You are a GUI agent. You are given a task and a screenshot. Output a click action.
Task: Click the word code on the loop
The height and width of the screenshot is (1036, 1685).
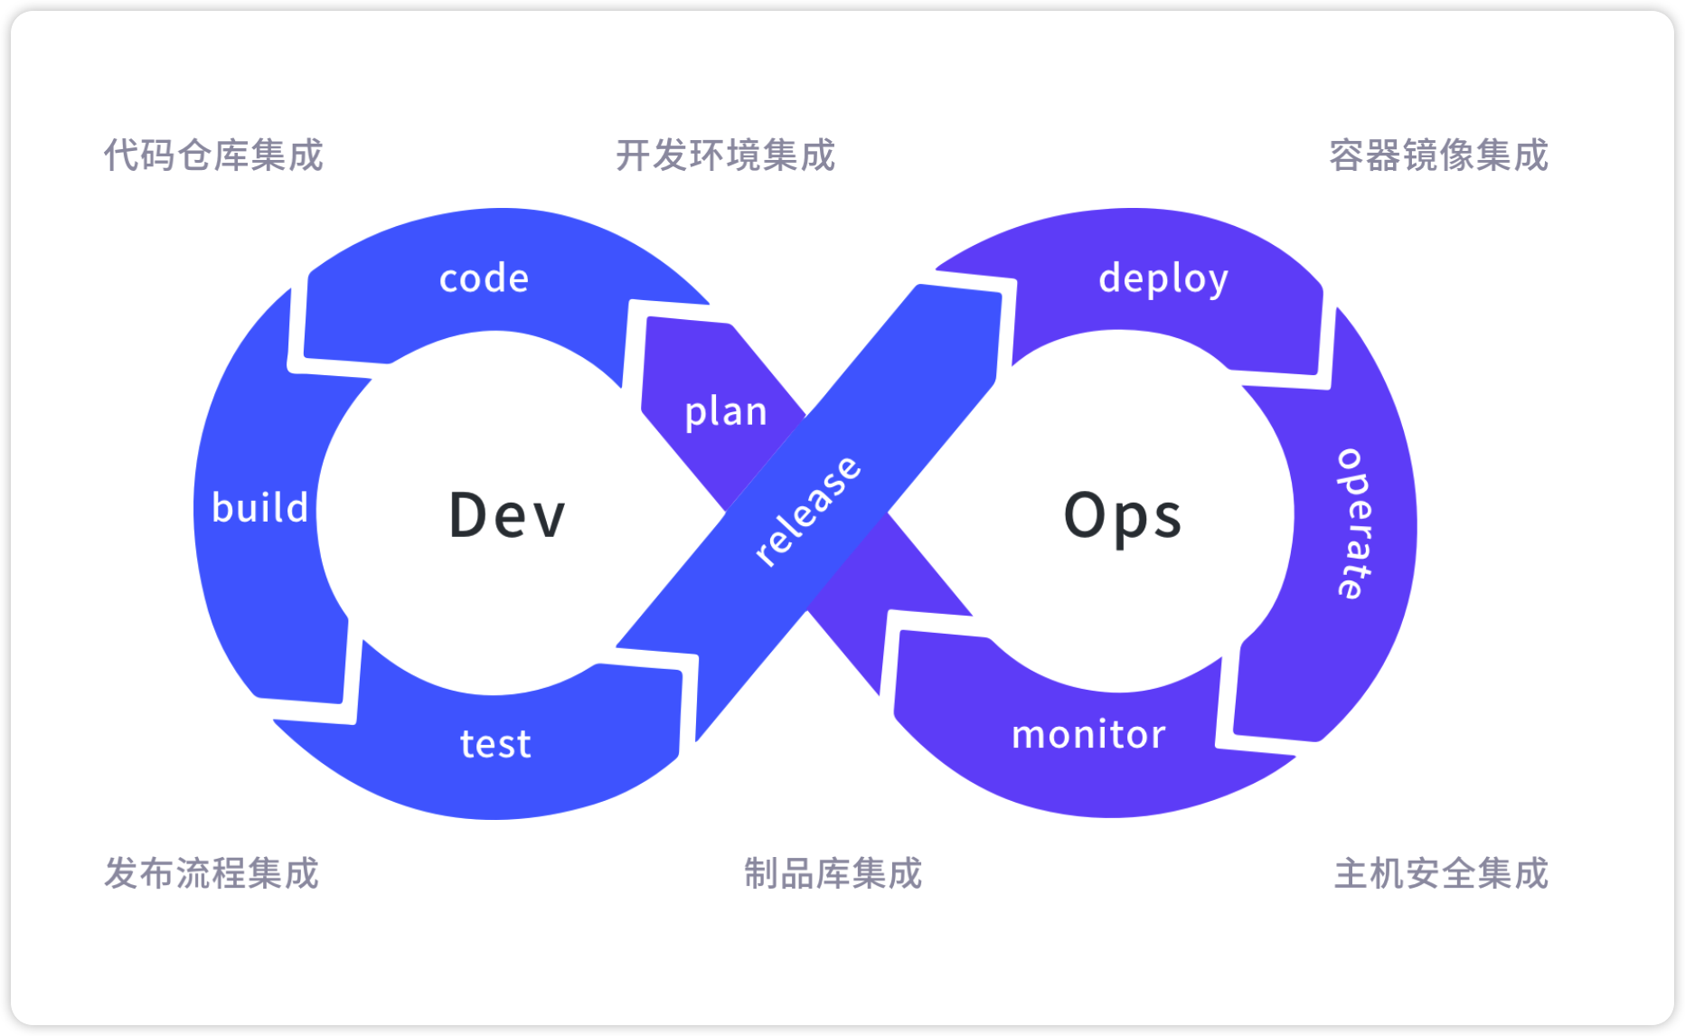(484, 278)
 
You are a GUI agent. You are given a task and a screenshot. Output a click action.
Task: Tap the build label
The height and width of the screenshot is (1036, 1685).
(260, 508)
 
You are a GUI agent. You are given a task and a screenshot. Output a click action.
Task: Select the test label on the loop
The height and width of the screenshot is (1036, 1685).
(495, 744)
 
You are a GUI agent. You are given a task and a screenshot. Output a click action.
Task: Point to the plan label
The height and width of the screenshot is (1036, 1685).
(726, 412)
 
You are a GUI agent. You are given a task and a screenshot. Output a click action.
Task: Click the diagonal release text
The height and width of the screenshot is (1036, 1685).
(807, 512)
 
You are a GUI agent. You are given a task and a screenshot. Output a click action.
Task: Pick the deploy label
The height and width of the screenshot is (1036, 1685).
(1163, 279)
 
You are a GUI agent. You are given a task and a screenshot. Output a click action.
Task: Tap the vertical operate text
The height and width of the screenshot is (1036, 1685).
(1353, 523)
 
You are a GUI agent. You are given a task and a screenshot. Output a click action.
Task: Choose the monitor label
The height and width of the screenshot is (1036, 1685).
(1088, 735)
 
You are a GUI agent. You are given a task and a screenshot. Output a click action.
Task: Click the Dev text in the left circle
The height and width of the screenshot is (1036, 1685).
(507, 515)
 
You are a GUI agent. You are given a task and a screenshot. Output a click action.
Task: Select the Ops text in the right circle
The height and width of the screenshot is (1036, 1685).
(1123, 516)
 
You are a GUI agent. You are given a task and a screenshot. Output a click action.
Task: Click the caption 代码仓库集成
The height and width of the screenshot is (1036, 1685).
(213, 155)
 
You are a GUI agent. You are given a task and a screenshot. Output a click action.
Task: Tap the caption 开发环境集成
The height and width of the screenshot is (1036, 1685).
(725, 155)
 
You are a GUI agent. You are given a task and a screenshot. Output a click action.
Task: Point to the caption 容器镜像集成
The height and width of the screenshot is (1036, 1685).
(1438, 155)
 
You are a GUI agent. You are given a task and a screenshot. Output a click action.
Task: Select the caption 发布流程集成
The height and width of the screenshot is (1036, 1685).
(212, 873)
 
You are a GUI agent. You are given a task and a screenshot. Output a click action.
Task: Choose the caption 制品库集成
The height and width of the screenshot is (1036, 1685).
(833, 873)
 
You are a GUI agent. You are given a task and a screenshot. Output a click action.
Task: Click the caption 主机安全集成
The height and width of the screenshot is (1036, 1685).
(1441, 873)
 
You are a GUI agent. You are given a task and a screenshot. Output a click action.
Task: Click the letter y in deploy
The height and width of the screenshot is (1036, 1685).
(1218, 283)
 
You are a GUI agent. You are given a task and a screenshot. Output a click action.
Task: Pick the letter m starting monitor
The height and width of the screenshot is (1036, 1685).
(1030, 737)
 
